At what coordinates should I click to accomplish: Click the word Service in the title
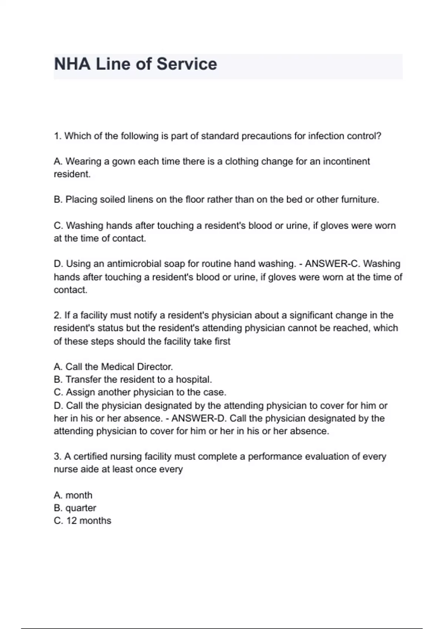point(186,64)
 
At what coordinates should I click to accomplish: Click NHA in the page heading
point(72,64)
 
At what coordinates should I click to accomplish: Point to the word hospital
point(194,380)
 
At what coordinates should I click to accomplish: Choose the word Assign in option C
point(80,393)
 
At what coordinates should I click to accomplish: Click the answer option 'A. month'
point(73,495)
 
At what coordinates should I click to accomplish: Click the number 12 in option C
point(71,521)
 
